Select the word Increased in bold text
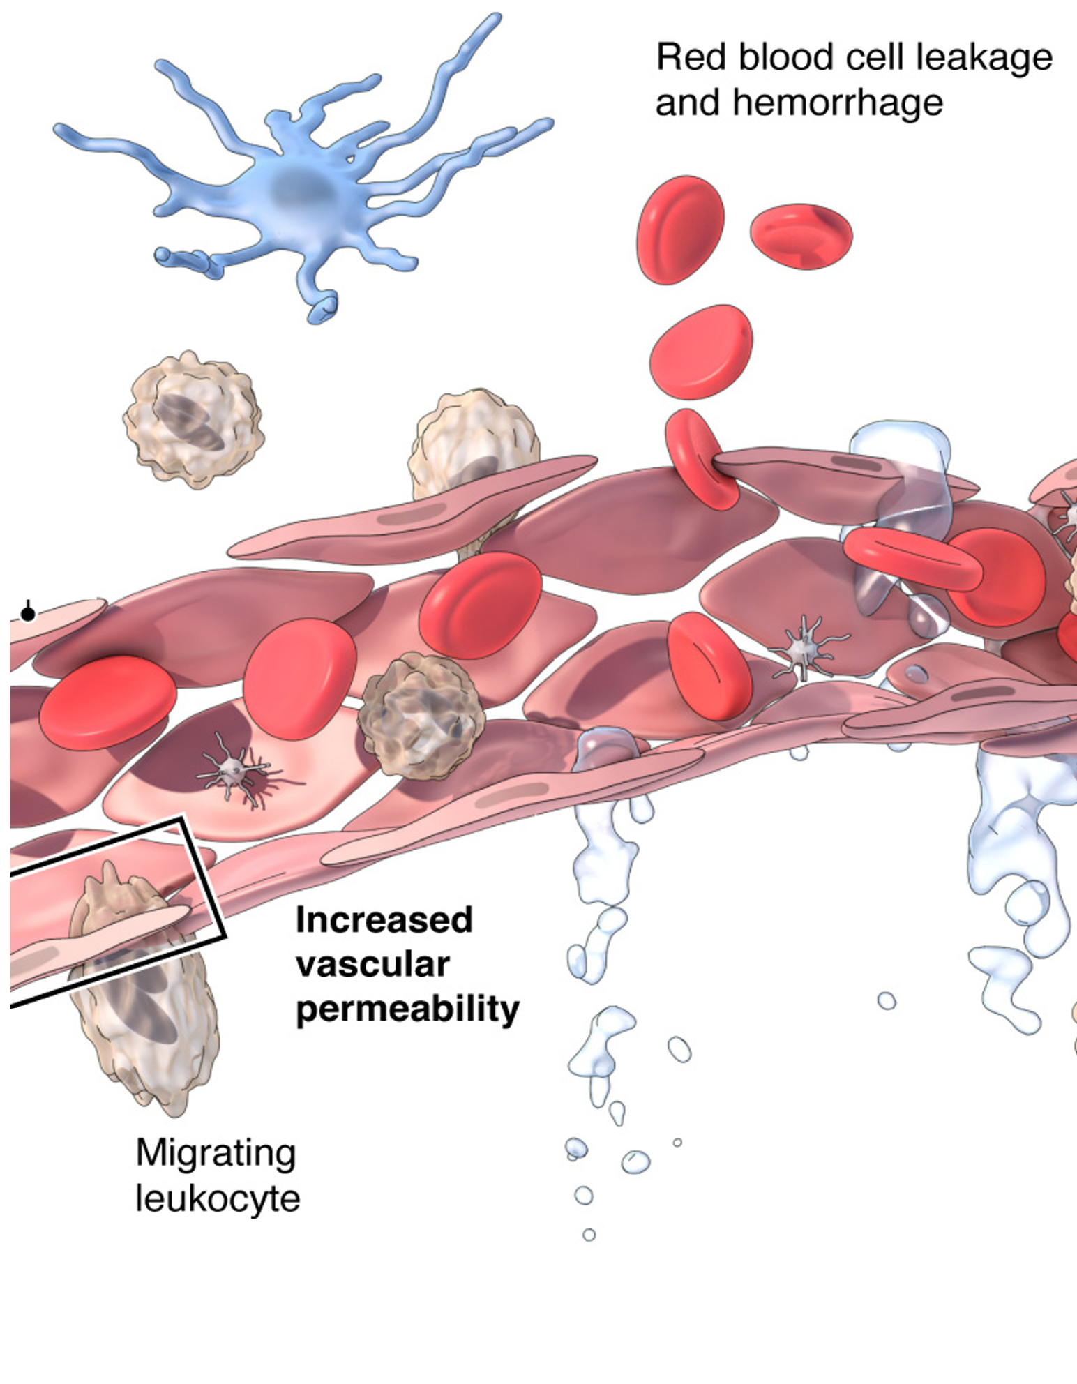tap(384, 920)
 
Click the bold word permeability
tap(407, 1009)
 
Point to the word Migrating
tap(216, 1154)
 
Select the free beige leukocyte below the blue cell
tap(193, 419)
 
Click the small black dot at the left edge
tap(28, 614)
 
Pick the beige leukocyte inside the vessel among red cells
tap(421, 715)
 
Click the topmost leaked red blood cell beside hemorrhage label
tap(680, 230)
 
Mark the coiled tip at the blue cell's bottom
tap(323, 308)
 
